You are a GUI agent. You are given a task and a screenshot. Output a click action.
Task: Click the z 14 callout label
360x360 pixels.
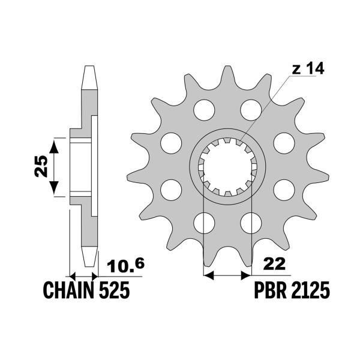tap(308, 68)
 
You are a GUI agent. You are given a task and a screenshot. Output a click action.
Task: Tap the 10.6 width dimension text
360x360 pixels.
tap(125, 265)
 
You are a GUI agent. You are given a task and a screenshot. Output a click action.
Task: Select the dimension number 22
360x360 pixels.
tap(274, 265)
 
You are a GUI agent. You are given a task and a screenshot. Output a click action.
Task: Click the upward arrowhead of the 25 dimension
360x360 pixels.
tap(54, 146)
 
